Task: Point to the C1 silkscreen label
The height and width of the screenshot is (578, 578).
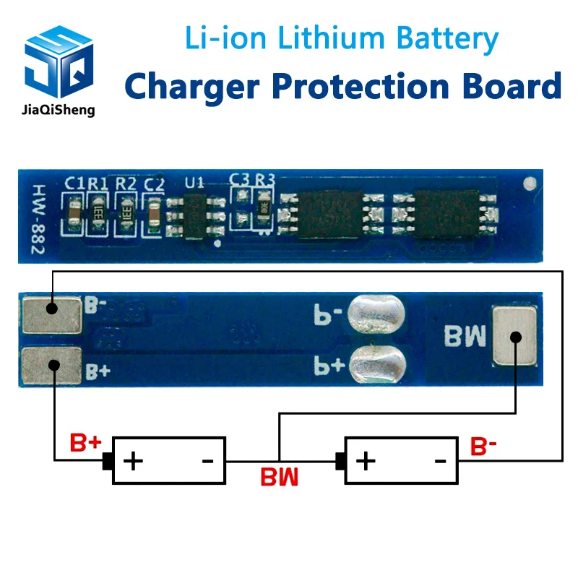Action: [74, 184]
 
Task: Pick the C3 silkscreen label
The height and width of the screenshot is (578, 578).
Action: [239, 179]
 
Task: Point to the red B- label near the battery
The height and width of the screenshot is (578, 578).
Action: [483, 446]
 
